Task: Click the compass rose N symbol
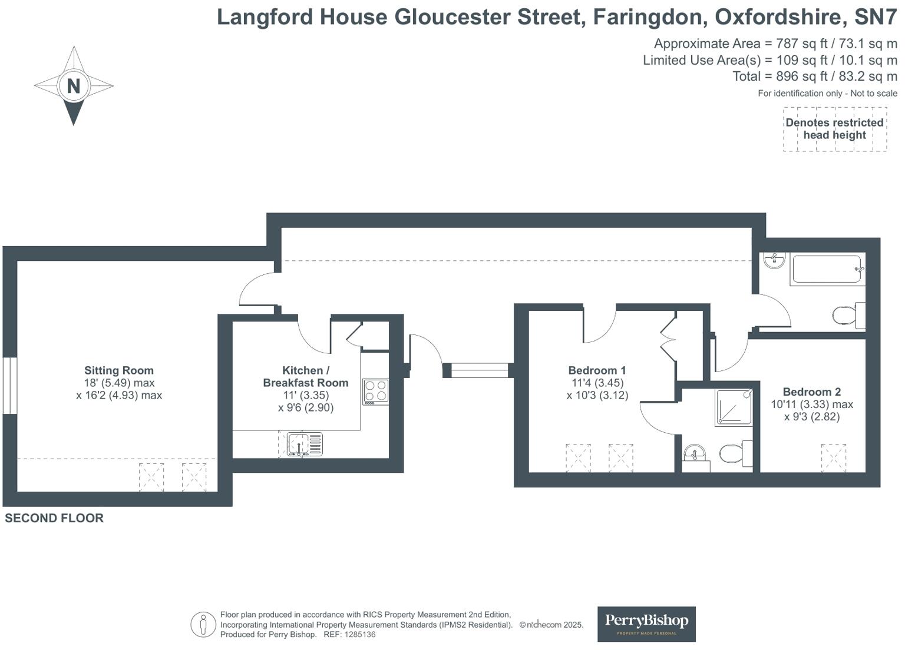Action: click(x=74, y=86)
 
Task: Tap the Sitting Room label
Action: click(x=118, y=370)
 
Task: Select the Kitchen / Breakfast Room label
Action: click(x=305, y=376)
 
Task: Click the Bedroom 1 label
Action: click(x=597, y=370)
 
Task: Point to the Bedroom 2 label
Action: click(x=811, y=392)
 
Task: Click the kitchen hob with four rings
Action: click(x=375, y=392)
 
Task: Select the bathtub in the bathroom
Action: click(x=827, y=269)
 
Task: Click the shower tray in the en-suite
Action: click(x=734, y=407)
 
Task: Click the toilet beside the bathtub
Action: click(x=847, y=316)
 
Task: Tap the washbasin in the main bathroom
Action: click(x=774, y=260)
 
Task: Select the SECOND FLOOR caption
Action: click(x=54, y=518)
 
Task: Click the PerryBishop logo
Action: click(x=646, y=624)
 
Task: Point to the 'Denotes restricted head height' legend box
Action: click(x=834, y=129)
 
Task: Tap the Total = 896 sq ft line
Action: click(x=814, y=77)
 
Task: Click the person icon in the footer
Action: click(x=203, y=624)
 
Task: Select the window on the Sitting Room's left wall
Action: click(x=9, y=386)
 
